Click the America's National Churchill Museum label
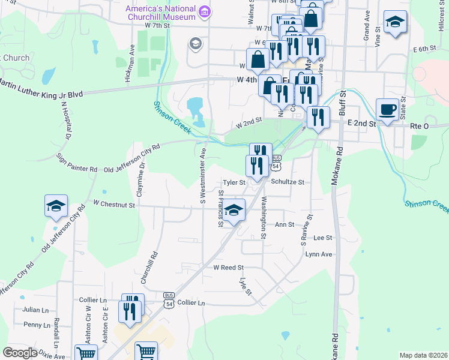(x=161, y=12)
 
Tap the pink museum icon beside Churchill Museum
(x=205, y=11)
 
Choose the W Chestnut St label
(x=115, y=205)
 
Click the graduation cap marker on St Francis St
(x=235, y=210)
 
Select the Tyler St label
(x=235, y=182)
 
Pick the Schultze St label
(x=288, y=182)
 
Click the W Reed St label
(x=229, y=267)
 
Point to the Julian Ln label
(x=36, y=310)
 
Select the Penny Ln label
(x=37, y=325)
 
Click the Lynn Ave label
(x=319, y=254)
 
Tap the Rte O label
(x=420, y=126)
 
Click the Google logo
(x=20, y=353)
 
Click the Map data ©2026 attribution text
(x=423, y=355)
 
